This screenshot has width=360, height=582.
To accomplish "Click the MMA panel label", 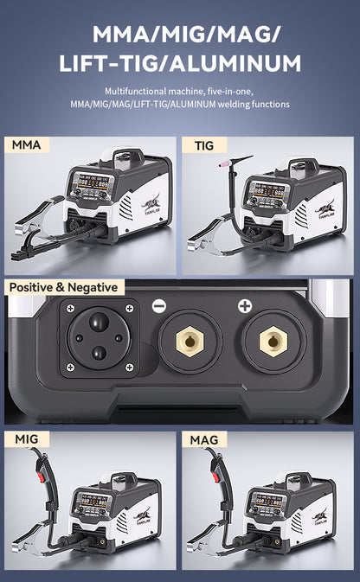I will (x=27, y=145).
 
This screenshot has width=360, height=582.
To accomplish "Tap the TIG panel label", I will (x=204, y=145).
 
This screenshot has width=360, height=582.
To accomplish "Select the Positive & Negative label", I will (x=64, y=287).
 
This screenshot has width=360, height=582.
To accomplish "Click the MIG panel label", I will (x=27, y=440).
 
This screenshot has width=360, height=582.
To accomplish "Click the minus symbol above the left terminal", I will (x=158, y=306).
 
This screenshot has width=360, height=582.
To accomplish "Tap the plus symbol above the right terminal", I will (x=245, y=306).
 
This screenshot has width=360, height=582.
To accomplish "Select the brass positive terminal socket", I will (x=273, y=342).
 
